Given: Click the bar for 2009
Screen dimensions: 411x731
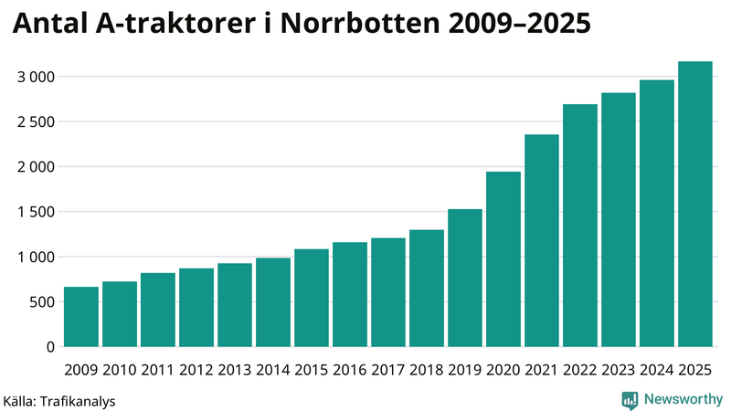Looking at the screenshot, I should click(x=81, y=317).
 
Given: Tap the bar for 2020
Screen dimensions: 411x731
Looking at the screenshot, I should click(x=503, y=259).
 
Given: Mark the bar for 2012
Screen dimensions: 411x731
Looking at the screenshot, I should click(x=196, y=308).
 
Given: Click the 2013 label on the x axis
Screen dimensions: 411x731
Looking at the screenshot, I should click(x=235, y=370).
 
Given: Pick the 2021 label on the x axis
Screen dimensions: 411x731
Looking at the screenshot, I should click(x=542, y=370).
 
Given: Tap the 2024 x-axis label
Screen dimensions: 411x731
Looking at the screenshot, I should click(x=657, y=370).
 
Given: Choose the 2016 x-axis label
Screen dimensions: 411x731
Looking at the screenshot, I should click(x=350, y=370).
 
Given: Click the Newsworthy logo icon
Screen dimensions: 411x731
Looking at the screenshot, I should click(x=630, y=399).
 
